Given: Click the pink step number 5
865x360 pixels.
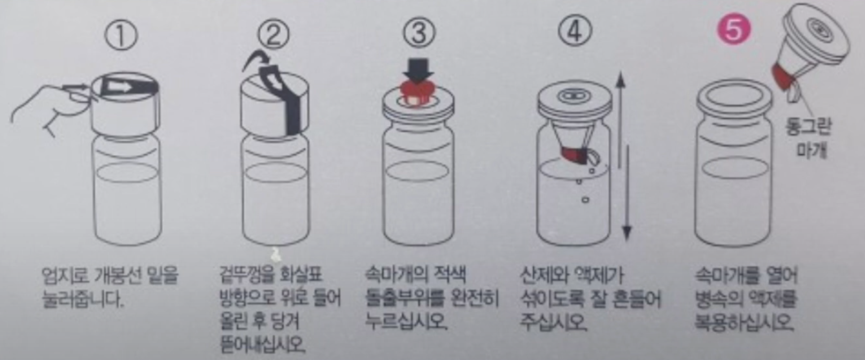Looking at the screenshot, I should tap(734, 31).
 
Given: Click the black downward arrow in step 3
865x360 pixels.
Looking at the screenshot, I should tap(418, 70).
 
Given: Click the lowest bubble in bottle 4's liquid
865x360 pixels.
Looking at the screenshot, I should tap(585, 199).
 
